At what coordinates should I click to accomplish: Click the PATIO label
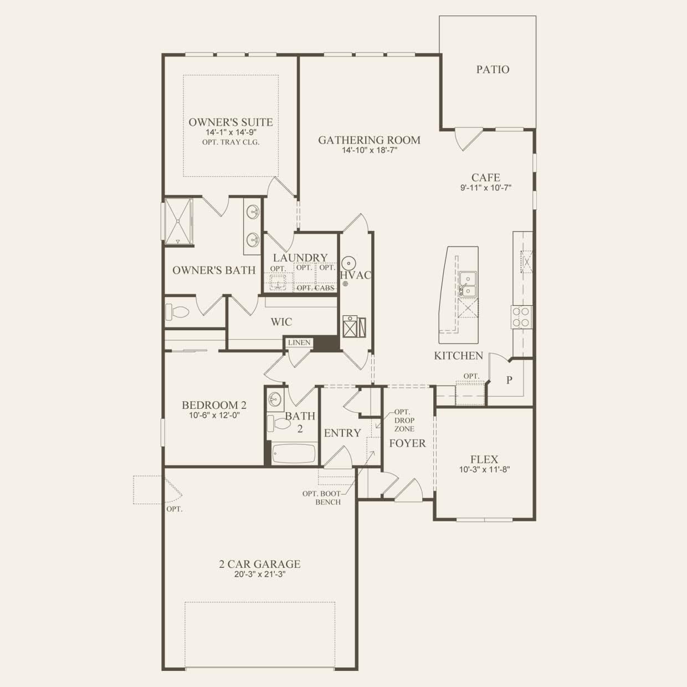point(493,69)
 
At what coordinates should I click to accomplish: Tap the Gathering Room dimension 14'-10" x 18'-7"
point(368,150)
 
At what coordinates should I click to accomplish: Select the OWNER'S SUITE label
point(230,122)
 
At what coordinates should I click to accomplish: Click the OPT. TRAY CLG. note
point(230,142)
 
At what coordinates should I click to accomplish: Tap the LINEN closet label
point(299,343)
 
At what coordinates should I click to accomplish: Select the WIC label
point(281,322)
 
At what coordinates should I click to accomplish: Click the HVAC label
point(355,275)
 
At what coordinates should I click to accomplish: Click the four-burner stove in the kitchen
point(521,316)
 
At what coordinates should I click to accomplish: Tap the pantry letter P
point(509,380)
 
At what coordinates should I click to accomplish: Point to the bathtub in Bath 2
point(293,454)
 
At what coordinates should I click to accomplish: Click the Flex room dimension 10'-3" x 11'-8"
point(484,469)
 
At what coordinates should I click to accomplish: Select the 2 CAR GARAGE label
point(259,564)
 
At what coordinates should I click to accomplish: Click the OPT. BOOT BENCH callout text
point(321,498)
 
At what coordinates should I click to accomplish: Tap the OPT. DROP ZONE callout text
point(404,421)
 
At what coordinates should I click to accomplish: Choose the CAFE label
point(485,178)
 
